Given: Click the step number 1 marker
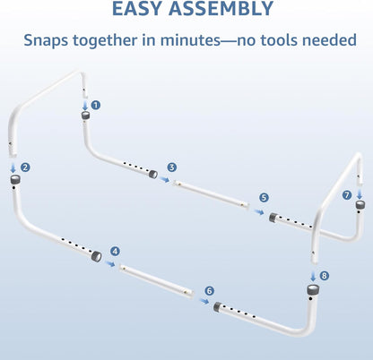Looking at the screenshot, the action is click(x=96, y=105).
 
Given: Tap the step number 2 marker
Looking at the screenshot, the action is click(x=25, y=167).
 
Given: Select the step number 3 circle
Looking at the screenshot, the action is click(x=172, y=167).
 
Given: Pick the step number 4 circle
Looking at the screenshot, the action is click(x=115, y=252).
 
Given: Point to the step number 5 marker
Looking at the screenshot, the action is click(x=264, y=198).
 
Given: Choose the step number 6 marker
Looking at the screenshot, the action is click(x=210, y=291).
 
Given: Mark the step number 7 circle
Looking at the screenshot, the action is click(x=347, y=195).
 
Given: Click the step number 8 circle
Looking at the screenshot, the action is click(x=325, y=276).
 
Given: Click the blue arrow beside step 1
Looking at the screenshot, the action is click(x=85, y=106).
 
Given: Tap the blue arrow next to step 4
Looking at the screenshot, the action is click(x=110, y=263).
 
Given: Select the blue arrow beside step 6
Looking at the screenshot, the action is click(x=204, y=301).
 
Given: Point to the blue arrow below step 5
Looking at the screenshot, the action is click(x=258, y=211).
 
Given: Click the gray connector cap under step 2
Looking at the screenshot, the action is click(x=15, y=180).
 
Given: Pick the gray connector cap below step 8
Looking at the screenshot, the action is click(x=313, y=289).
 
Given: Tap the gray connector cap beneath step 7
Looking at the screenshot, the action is click(x=360, y=205).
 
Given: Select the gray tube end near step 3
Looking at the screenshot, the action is click(x=153, y=174).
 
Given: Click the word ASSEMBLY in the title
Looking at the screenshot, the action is click(x=221, y=9).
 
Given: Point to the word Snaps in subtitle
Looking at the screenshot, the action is click(x=46, y=40).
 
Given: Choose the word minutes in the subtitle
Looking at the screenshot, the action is click(x=190, y=40).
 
